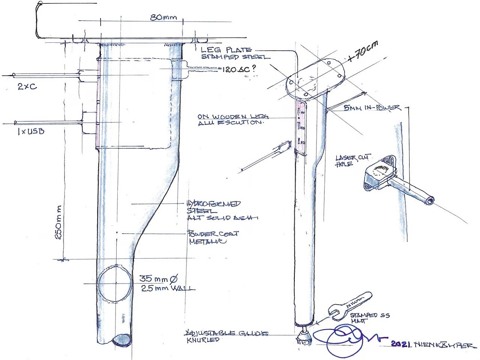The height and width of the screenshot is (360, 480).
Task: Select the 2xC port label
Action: (x=27, y=86)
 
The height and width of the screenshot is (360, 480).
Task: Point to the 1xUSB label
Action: (x=30, y=132)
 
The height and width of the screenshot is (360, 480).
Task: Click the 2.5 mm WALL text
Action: (x=168, y=288)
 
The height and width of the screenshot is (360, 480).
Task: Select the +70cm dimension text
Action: (x=362, y=51)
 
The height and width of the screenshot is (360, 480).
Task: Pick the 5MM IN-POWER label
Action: (x=372, y=108)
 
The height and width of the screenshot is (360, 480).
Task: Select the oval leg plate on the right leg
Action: (x=315, y=79)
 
